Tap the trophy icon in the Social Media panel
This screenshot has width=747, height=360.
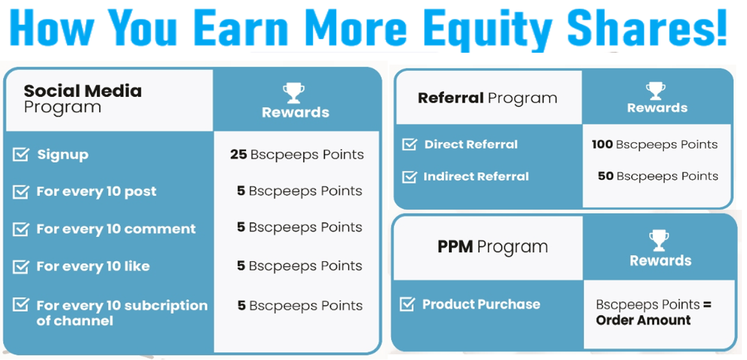click(294, 93)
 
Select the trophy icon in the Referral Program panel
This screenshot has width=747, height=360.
click(656, 91)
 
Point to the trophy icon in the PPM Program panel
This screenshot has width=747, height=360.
click(659, 240)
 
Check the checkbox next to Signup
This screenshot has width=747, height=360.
click(21, 154)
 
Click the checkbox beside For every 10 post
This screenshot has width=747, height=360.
click(21, 192)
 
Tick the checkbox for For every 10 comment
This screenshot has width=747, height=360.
click(21, 229)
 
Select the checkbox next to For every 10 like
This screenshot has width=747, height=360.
click(21, 266)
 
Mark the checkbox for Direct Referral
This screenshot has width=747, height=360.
click(410, 145)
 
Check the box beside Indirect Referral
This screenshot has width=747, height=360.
click(410, 176)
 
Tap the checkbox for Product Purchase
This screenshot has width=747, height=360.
click(408, 304)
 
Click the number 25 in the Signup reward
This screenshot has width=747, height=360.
click(239, 154)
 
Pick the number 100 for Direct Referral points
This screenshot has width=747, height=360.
click(602, 145)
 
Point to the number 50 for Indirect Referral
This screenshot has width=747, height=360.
click(606, 176)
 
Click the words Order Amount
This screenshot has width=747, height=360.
click(643, 320)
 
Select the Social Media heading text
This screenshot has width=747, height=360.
click(83, 91)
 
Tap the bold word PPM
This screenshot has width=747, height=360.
click(455, 247)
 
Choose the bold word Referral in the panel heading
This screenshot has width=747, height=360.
click(451, 98)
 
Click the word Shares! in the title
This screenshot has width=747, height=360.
click(647, 27)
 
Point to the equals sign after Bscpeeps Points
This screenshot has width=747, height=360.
click(707, 304)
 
